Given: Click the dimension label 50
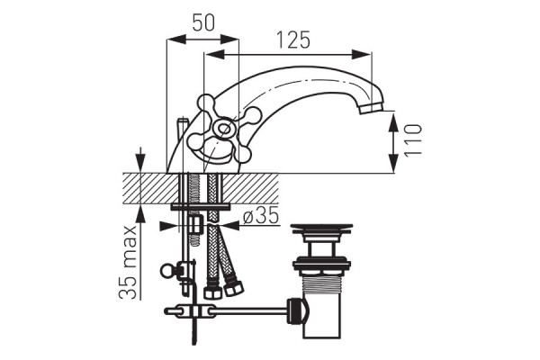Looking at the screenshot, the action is click(203, 22).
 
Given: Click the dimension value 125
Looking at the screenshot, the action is click(293, 40).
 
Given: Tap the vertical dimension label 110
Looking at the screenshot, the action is click(413, 140).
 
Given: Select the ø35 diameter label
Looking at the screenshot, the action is click(261, 216).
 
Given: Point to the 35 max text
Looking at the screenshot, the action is click(128, 262).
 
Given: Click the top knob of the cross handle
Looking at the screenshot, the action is click(205, 103).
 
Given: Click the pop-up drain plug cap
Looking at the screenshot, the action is click(321, 229).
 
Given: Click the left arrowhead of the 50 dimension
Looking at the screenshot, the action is click(176, 39).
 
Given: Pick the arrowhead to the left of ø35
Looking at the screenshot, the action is click(169, 226).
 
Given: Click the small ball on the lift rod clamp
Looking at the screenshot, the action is click(167, 270).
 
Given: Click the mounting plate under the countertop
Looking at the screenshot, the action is click(200, 207).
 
